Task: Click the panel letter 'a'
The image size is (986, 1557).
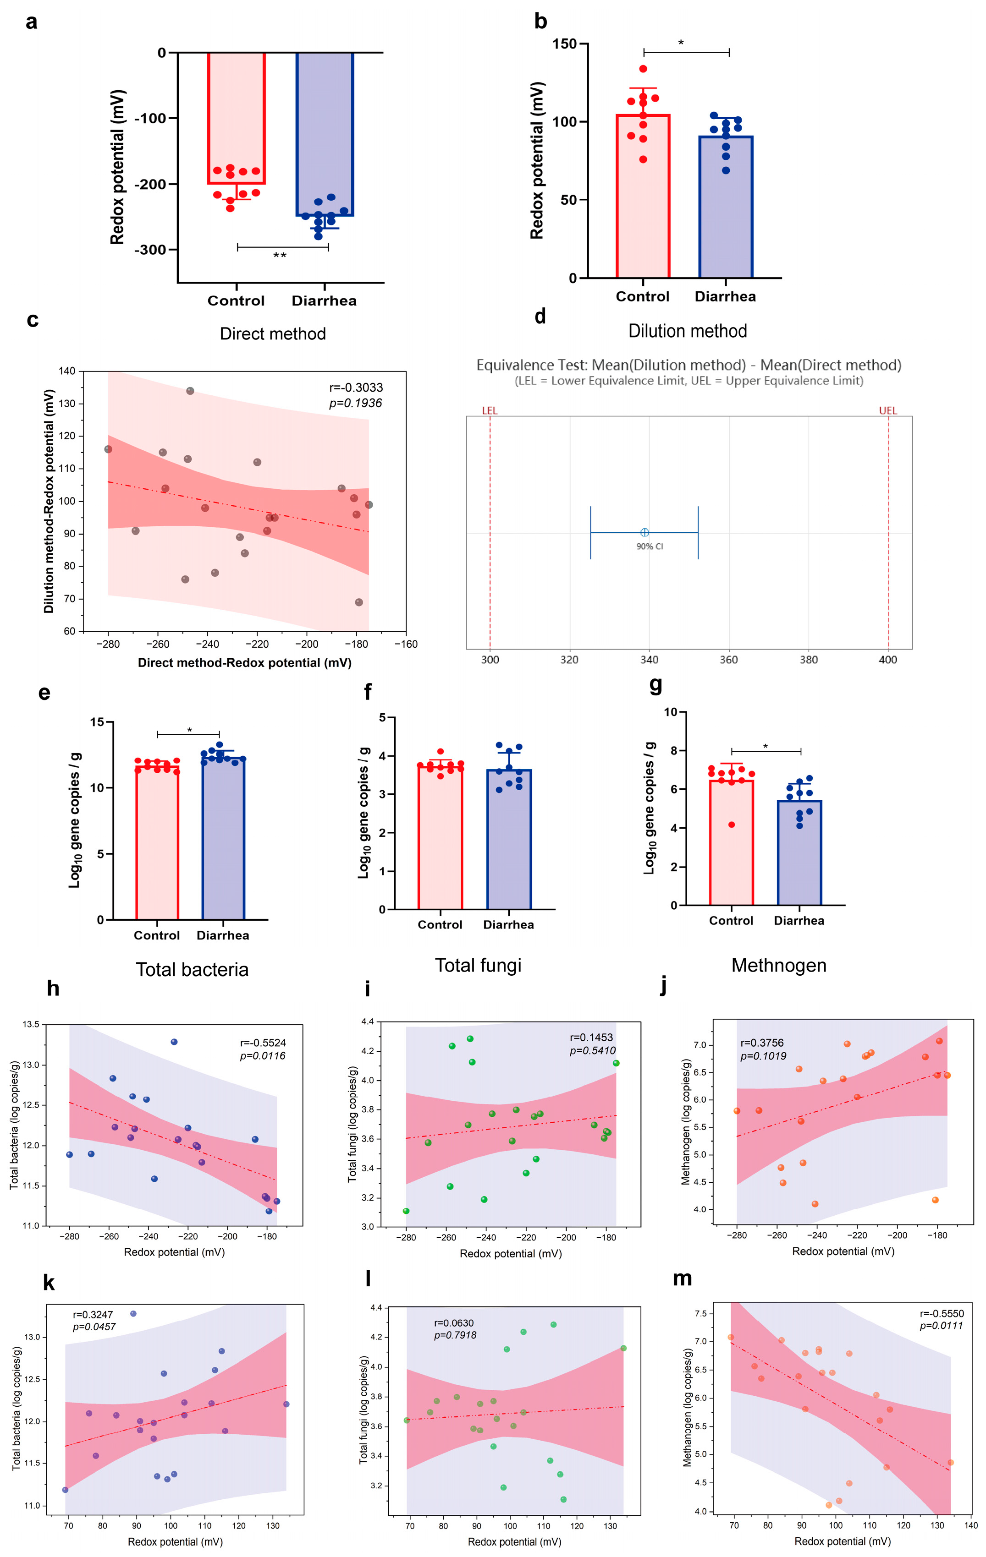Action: (31, 22)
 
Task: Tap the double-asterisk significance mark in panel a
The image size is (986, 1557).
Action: (280, 256)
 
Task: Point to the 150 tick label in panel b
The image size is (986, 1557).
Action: (564, 44)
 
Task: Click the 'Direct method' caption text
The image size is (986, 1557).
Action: (272, 333)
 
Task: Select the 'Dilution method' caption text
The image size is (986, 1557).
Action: (687, 331)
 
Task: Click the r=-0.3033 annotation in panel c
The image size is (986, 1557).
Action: (356, 388)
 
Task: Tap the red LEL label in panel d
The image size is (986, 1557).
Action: (489, 410)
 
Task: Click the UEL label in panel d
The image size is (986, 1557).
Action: (887, 410)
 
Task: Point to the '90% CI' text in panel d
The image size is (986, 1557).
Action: (649, 546)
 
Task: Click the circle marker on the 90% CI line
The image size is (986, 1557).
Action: (644, 532)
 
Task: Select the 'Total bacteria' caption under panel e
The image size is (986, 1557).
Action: (192, 969)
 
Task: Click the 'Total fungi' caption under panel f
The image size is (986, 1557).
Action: (478, 965)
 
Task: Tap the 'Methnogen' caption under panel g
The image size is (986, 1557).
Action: (778, 965)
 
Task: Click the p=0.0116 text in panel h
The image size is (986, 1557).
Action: (263, 1056)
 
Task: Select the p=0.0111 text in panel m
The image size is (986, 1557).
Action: (941, 1326)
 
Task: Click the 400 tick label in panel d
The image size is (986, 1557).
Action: (887, 660)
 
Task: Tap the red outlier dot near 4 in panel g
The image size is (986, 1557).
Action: (731, 825)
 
